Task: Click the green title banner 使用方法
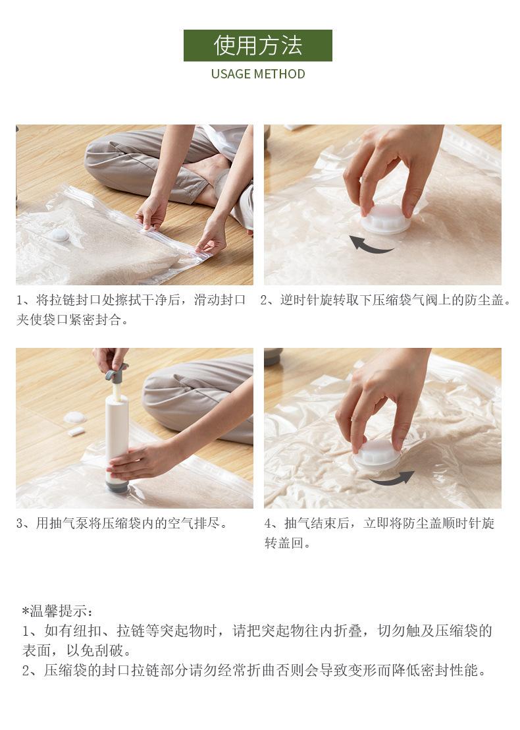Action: click(x=257, y=45)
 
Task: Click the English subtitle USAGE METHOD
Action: click(x=258, y=74)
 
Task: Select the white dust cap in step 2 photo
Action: click(x=386, y=219)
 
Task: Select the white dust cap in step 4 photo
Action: click(x=377, y=455)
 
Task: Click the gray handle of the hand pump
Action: click(x=115, y=372)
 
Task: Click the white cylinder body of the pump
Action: click(x=117, y=428)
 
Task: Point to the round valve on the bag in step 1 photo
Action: click(x=59, y=235)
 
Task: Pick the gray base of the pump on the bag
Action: click(x=117, y=486)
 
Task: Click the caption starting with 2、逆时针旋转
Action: click(x=385, y=300)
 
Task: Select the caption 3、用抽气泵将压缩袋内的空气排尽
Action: click(x=122, y=523)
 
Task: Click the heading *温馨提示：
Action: click(x=57, y=611)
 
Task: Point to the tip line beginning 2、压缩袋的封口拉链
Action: click(x=255, y=671)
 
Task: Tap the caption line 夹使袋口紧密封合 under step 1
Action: click(x=72, y=320)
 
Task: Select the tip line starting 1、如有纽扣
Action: click(x=257, y=631)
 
